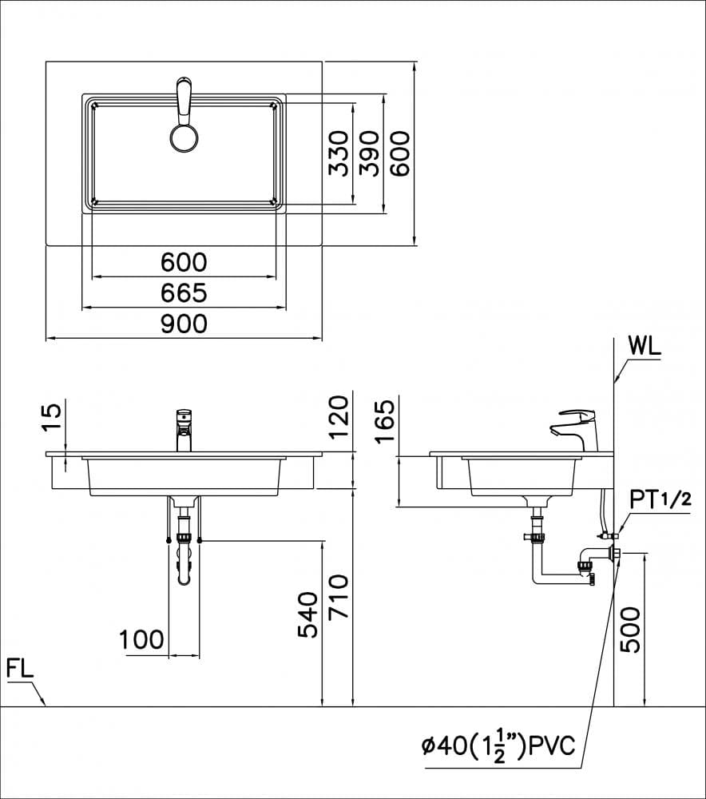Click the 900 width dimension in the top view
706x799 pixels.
coord(184,324)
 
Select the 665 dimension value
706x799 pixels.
coord(184,293)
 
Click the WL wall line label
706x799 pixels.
coord(645,346)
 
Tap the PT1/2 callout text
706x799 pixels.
coord(660,499)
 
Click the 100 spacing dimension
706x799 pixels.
coord(141,639)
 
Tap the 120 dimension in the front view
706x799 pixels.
coord(339,415)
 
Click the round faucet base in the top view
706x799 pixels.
coord(184,137)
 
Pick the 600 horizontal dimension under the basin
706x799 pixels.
coord(184,262)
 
